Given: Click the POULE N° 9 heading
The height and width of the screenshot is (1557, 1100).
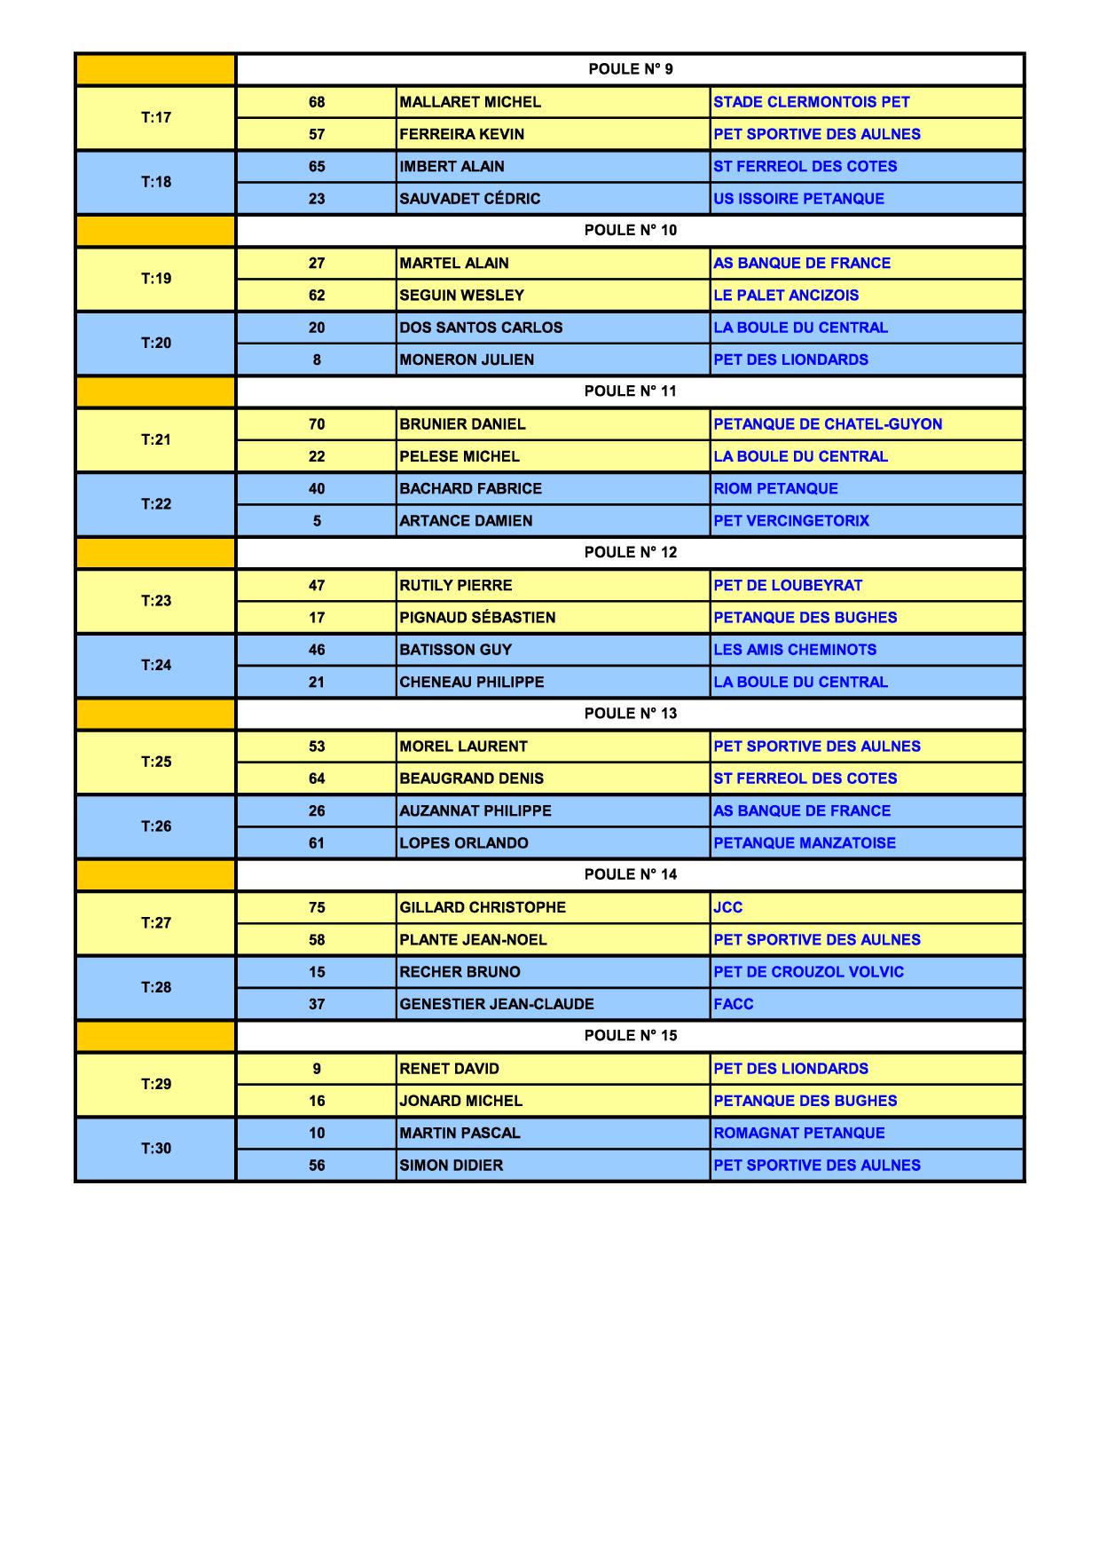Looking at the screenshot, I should click(x=630, y=69).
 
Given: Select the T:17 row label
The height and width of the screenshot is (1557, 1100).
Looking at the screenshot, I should click(x=156, y=117).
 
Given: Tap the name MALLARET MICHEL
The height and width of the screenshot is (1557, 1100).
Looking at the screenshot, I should click(x=470, y=102).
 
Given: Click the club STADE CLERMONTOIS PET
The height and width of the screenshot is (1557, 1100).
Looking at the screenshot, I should click(x=811, y=102).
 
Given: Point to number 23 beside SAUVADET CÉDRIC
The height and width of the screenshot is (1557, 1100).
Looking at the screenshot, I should click(x=317, y=199).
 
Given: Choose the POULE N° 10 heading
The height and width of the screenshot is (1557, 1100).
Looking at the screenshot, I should click(x=630, y=231).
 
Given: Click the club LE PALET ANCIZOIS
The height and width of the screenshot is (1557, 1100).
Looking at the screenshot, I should click(x=786, y=296).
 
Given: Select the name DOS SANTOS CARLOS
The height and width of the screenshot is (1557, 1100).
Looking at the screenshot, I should click(x=481, y=328).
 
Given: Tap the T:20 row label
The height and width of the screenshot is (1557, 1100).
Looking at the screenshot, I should click(x=156, y=343).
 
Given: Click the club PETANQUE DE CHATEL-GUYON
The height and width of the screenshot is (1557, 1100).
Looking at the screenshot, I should click(x=828, y=424).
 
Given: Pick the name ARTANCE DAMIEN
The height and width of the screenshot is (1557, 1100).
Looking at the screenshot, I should click(x=466, y=521).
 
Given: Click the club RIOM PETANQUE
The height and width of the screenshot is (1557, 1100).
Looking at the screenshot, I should click(x=775, y=489).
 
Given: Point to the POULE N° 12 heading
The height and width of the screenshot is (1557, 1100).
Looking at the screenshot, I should click(x=630, y=552).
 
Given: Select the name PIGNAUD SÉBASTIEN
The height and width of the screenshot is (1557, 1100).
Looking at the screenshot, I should click(x=477, y=618).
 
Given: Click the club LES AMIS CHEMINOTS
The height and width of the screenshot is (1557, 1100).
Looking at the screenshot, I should click(x=795, y=650).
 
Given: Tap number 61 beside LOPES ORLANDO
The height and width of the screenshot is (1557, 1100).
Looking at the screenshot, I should click(x=317, y=843).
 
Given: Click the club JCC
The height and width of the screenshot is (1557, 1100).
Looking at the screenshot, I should click(x=727, y=907).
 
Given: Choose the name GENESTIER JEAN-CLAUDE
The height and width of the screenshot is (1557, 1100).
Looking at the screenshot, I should click(x=497, y=1004).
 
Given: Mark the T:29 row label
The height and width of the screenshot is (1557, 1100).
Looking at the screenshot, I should click(x=156, y=1084).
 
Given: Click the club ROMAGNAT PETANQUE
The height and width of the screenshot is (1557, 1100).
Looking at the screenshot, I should click(x=799, y=1133).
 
